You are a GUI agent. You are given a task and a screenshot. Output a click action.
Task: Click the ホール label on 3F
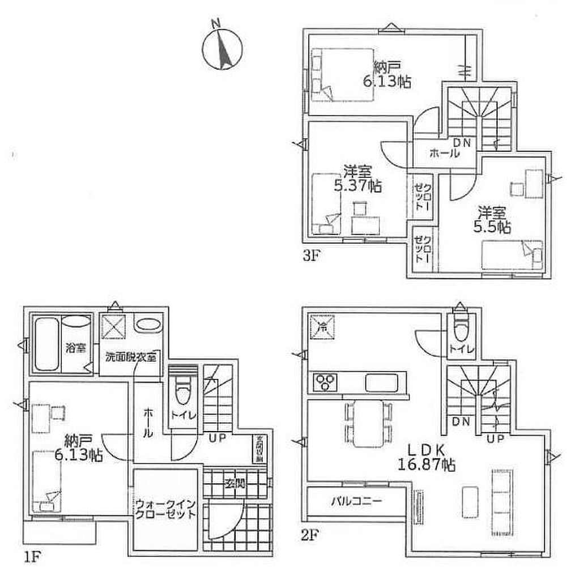click(444, 152)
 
